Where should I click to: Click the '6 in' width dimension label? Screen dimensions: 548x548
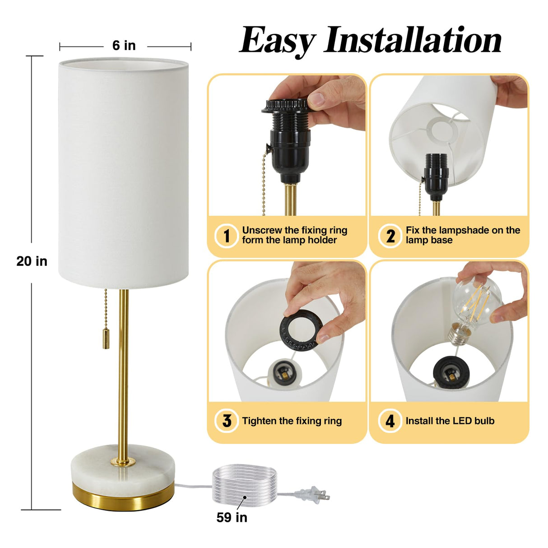[x=124, y=46]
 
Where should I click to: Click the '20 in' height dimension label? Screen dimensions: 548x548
[x=32, y=261]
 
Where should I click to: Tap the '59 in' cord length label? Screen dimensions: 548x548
[x=232, y=517]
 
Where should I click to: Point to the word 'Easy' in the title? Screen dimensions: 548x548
[x=277, y=41]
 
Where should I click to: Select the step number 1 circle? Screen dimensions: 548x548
[x=226, y=236]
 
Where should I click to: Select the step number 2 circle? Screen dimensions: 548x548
[x=390, y=236]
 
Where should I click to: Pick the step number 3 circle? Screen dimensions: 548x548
[x=227, y=421]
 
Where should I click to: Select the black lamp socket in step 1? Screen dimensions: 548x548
[x=289, y=144]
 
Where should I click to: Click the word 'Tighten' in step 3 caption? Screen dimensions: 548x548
[x=259, y=421]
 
